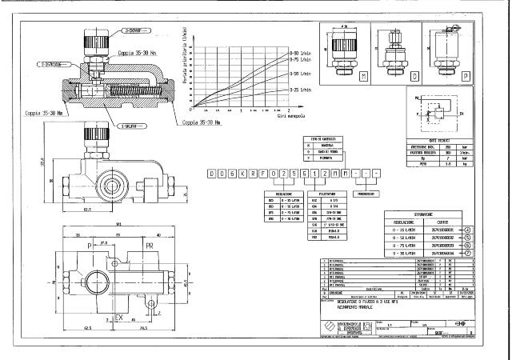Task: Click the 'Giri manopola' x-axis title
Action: pos(291,117)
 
